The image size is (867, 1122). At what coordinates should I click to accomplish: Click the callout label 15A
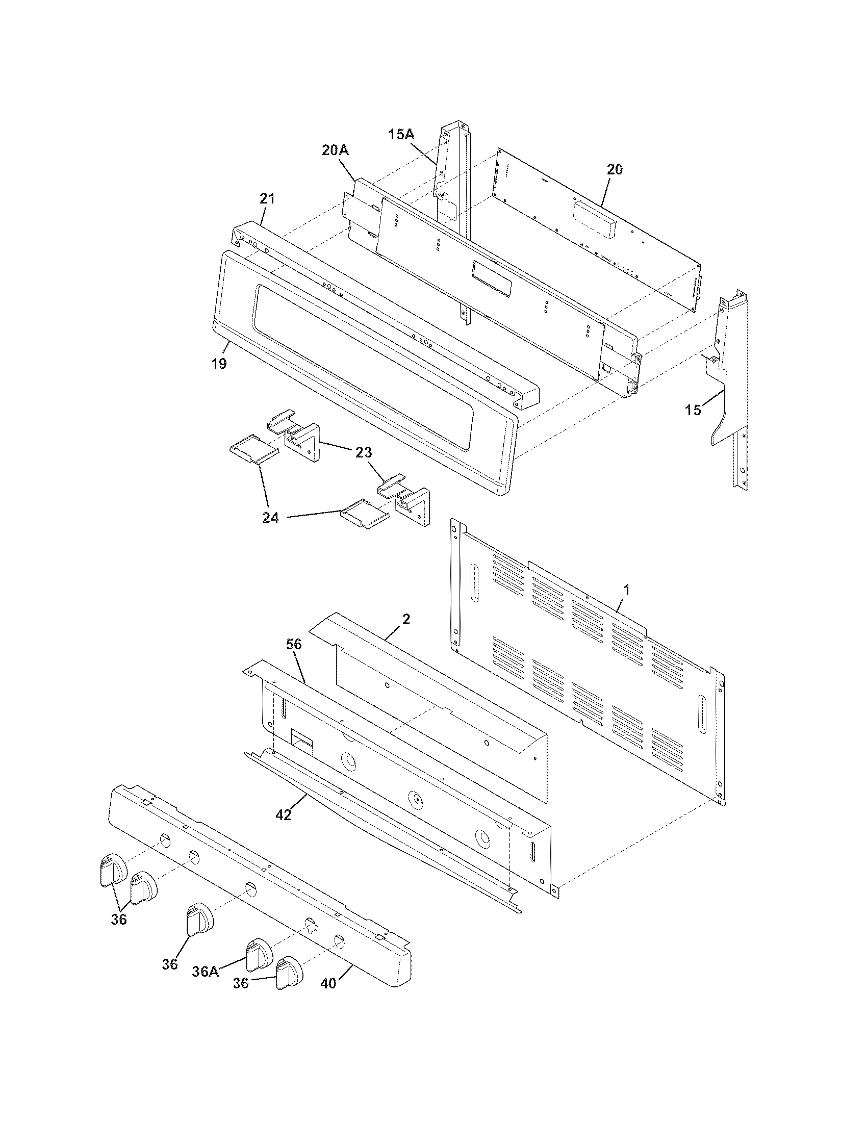401,135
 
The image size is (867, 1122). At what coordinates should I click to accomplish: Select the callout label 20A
336,150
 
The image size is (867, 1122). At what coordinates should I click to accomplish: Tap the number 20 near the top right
615,169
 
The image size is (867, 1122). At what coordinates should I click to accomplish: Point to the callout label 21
267,199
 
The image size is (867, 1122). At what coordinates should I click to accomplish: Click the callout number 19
219,364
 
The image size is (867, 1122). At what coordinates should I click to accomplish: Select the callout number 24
270,518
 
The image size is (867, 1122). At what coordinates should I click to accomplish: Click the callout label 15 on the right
693,410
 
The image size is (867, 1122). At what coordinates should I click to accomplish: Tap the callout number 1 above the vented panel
626,590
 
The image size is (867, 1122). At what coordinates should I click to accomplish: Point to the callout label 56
294,645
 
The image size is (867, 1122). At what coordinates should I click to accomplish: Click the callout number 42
283,815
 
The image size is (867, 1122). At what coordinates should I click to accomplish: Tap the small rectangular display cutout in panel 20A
492,278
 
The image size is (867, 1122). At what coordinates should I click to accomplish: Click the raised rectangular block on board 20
594,219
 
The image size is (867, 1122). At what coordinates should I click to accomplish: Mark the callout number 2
406,620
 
